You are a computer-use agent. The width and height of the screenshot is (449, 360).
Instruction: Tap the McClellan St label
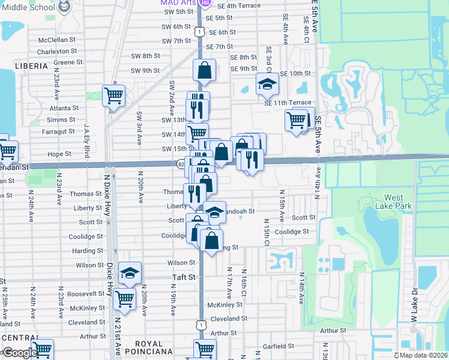57,40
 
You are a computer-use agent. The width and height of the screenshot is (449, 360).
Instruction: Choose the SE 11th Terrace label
288,103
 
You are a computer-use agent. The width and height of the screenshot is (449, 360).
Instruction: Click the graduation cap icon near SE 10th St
267,84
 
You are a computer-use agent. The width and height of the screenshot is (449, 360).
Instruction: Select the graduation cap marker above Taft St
129,273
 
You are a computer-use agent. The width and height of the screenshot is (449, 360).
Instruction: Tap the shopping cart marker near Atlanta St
113,94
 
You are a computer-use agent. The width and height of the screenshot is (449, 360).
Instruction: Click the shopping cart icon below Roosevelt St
124,297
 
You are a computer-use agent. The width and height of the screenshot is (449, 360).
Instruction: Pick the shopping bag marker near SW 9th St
205,70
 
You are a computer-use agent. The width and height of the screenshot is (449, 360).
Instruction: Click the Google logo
20,353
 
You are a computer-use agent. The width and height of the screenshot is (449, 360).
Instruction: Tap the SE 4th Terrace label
239,5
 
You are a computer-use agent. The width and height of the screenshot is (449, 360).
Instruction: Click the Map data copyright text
420,355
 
